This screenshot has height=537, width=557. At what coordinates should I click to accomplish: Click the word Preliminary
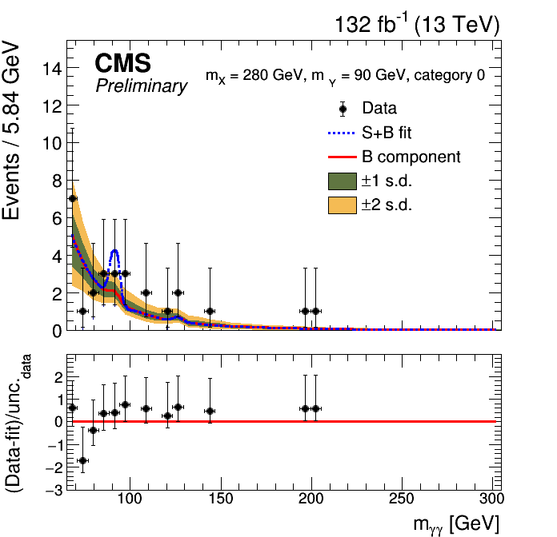[141, 86]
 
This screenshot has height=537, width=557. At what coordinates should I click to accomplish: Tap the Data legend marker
[343, 109]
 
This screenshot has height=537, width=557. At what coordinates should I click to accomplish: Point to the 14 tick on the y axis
[53, 69]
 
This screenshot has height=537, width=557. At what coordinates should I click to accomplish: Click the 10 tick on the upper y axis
[53, 143]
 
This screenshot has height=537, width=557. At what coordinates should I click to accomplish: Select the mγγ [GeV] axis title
[456, 523]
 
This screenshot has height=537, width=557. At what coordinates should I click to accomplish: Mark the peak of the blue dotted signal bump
[114, 251]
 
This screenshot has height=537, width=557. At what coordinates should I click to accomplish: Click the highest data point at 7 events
[72, 198]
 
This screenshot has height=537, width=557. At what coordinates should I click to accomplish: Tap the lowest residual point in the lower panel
[82, 460]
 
